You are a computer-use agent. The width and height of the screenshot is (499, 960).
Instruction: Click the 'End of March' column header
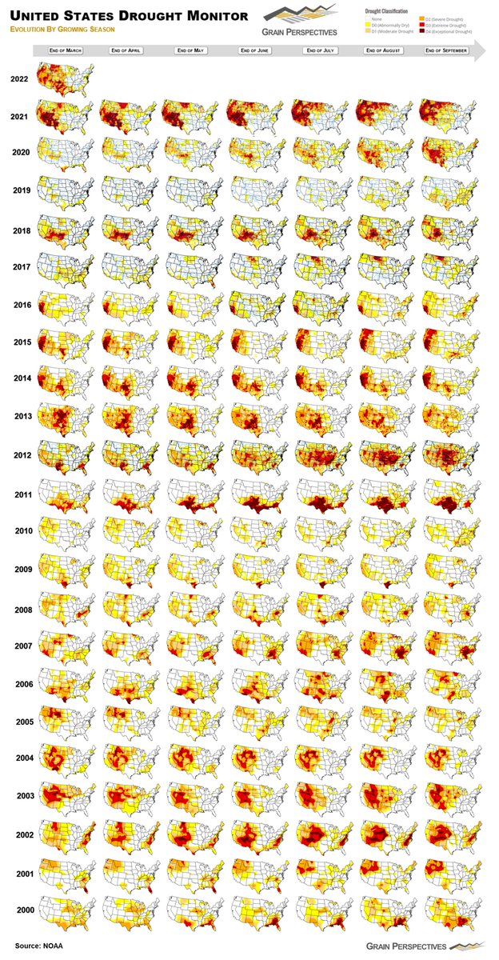(x=65, y=50)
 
